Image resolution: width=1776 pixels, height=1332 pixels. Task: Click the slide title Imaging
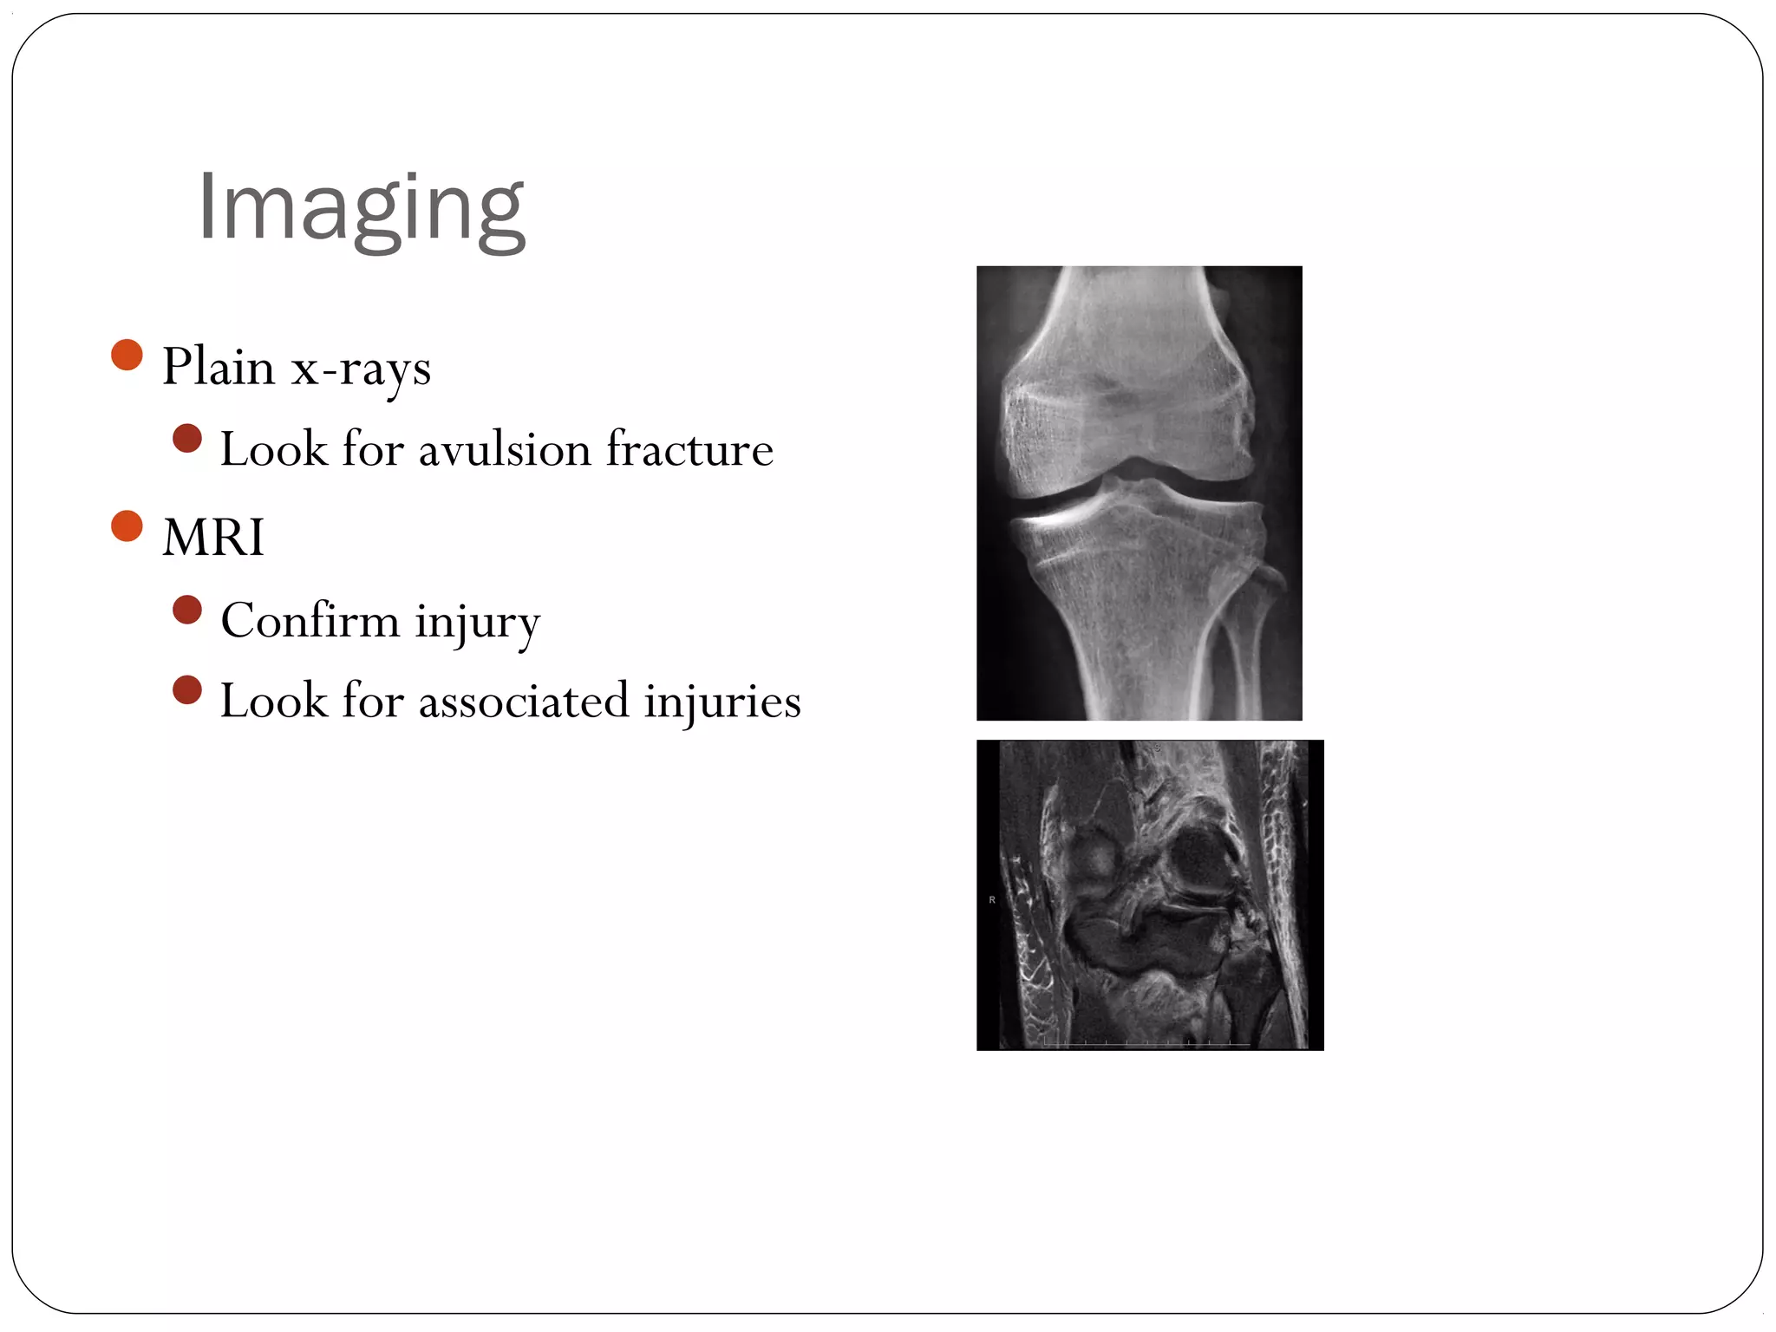click(x=361, y=208)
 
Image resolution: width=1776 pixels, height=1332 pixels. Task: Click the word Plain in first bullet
click(x=219, y=367)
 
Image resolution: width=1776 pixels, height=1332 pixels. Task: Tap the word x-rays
click(x=361, y=369)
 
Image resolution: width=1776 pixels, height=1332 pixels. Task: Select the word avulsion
click(x=504, y=450)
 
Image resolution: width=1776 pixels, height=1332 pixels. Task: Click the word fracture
click(x=689, y=450)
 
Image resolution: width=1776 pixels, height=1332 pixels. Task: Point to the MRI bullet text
click(x=213, y=538)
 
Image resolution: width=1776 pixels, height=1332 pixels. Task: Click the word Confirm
click(x=310, y=621)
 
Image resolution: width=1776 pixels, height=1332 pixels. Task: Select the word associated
click(x=524, y=701)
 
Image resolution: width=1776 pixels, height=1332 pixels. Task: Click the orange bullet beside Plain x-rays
click(x=127, y=355)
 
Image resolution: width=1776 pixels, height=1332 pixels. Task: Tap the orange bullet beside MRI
click(x=127, y=526)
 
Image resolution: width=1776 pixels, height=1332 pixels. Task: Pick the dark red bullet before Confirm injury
click(x=187, y=610)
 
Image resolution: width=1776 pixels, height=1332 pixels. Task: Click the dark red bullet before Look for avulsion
click(x=187, y=438)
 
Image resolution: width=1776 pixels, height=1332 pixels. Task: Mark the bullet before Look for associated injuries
click(x=187, y=690)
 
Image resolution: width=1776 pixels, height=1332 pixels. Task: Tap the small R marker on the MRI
click(x=992, y=900)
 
